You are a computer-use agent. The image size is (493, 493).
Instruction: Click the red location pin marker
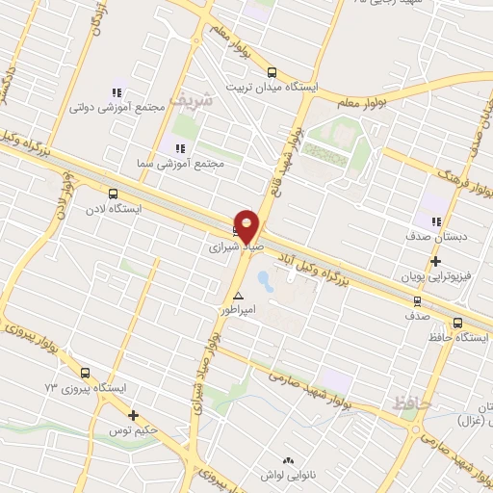(247, 227)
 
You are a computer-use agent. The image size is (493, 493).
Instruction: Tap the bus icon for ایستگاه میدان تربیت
(271, 72)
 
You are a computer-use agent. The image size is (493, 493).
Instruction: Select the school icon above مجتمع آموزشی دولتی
(117, 93)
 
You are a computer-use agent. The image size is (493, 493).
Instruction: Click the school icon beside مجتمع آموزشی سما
(178, 147)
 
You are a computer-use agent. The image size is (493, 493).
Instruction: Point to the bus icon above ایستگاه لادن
(114, 194)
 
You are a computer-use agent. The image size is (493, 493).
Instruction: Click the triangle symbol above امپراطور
(238, 296)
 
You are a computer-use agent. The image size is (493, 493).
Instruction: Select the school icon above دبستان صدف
(436, 222)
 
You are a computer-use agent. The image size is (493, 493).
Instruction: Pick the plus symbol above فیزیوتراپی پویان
(435, 261)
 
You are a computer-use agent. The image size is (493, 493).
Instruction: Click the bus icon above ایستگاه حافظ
(457, 324)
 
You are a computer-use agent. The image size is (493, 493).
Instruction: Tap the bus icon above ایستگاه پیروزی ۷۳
(85, 373)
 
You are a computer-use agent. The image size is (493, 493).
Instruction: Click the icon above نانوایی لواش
(286, 461)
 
